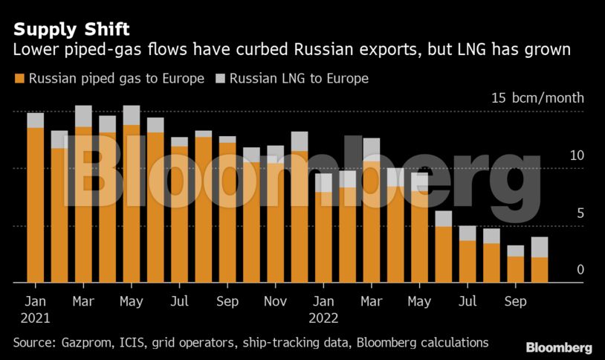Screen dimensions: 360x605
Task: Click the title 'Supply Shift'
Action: click(x=71, y=30)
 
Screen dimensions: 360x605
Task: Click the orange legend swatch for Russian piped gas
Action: click(x=19, y=78)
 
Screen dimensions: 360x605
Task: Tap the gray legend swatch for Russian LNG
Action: click(x=220, y=78)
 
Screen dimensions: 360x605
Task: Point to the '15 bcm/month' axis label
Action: click(x=537, y=98)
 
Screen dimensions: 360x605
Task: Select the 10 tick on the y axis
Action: click(x=577, y=155)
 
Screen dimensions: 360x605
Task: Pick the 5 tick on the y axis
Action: click(x=580, y=213)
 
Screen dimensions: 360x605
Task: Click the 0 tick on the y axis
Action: click(x=580, y=270)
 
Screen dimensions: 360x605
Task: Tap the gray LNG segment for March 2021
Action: click(x=83, y=116)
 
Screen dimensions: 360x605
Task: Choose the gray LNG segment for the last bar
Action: click(x=540, y=248)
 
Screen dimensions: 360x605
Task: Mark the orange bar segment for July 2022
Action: click(x=467, y=261)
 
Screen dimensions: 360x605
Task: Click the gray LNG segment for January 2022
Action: click(x=323, y=182)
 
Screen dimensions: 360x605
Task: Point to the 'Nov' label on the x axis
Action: click(x=276, y=302)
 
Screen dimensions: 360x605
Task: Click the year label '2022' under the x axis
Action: click(x=323, y=318)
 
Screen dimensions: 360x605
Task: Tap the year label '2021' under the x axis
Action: click(x=36, y=318)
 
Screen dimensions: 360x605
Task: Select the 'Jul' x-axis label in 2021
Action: click(x=179, y=302)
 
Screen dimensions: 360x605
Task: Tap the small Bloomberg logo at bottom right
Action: click(x=559, y=347)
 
